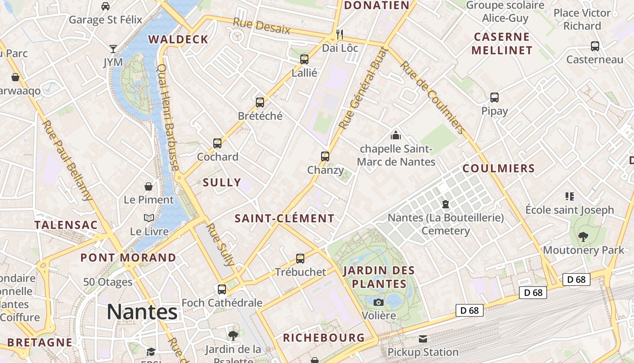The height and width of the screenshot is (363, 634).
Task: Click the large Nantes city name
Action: [142, 312]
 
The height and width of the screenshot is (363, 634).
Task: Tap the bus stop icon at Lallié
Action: [304, 59]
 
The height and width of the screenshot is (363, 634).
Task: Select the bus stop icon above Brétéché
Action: [260, 103]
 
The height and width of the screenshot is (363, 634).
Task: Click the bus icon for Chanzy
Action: [325, 157]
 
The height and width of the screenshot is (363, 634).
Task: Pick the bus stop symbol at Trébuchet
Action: [300, 259]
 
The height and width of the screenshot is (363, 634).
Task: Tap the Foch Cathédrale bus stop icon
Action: [222, 289]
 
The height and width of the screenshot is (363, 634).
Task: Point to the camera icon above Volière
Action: [379, 302]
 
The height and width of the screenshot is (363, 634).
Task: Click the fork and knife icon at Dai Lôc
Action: [340, 34]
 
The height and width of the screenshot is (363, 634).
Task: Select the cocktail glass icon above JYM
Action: [113, 49]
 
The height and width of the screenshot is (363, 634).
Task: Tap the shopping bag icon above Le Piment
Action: [149, 186]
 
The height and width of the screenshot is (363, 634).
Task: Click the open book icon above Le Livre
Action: [149, 218]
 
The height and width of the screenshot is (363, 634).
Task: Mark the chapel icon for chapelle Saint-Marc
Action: [396, 135]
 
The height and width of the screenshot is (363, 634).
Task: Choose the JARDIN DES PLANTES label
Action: [379, 277]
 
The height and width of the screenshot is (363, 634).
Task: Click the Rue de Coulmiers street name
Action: [433, 98]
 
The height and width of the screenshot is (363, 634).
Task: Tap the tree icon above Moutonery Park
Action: [583, 236]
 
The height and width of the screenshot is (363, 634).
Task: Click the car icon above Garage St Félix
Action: [106, 6]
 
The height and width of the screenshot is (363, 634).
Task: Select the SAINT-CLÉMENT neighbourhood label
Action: [284, 218]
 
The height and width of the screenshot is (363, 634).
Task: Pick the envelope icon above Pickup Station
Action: [423, 339]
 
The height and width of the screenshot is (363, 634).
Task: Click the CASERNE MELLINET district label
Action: [502, 44]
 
